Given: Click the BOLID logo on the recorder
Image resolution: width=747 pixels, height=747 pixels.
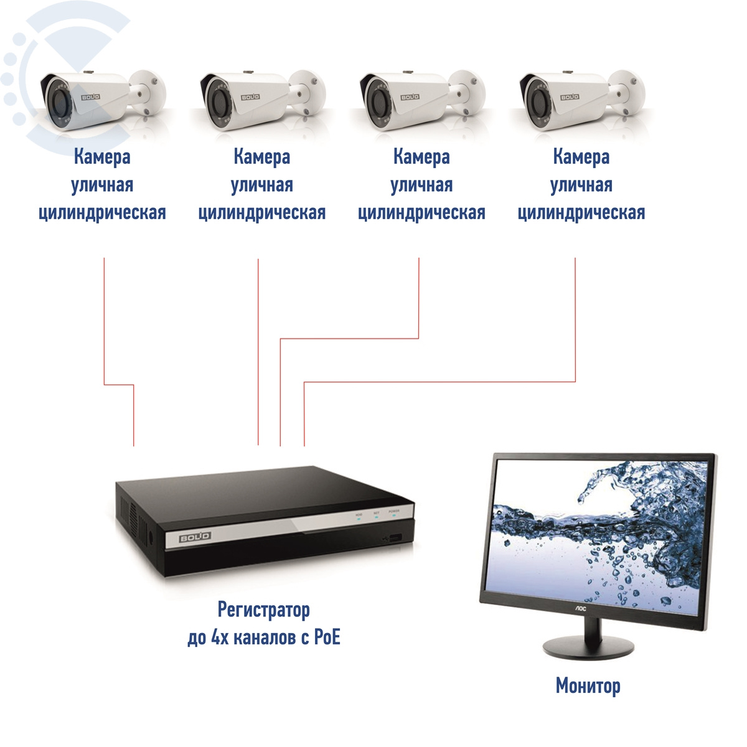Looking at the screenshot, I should pyautogui.click(x=195, y=537).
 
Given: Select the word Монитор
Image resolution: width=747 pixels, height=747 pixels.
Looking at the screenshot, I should pyautogui.click(x=588, y=685).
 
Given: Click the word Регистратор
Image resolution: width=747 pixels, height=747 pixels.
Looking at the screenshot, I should pyautogui.click(x=263, y=609).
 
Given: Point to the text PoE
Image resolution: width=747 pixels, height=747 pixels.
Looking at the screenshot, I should pyautogui.click(x=327, y=637).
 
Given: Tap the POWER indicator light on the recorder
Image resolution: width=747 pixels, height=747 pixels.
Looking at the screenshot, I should pyautogui.click(x=394, y=516).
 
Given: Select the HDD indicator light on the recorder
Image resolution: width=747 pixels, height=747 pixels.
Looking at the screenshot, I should pyautogui.click(x=359, y=518).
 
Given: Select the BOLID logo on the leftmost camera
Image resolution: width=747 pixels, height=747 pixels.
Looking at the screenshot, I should pyautogui.click(x=92, y=98).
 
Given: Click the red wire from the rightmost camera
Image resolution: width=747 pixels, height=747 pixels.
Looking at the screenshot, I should pyautogui.click(x=575, y=324).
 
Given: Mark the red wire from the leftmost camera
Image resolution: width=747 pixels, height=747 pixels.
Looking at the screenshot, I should pyautogui.click(x=104, y=324).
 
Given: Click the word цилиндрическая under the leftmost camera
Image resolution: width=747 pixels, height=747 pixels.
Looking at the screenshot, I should pyautogui.click(x=102, y=213).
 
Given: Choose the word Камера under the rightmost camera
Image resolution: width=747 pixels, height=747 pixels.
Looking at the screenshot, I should pyautogui.click(x=581, y=157).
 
